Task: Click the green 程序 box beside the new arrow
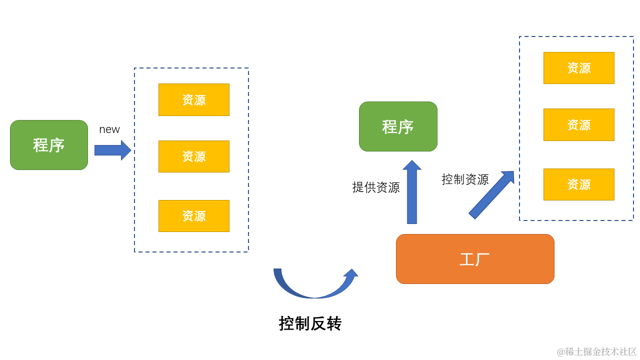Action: (x=49, y=145)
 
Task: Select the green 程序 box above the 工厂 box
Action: (x=398, y=126)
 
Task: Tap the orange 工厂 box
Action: (x=475, y=259)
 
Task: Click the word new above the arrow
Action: (x=109, y=129)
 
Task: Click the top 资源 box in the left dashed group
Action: (x=194, y=99)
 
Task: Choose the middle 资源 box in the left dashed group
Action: (x=194, y=156)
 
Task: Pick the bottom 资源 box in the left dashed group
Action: (x=194, y=216)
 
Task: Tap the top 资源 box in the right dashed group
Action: (x=579, y=68)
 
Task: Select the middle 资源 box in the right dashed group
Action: (x=579, y=124)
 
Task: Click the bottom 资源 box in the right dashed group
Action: (x=579, y=184)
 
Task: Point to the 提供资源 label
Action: (x=376, y=187)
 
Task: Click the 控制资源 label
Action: (x=465, y=179)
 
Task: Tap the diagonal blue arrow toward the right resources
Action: (x=490, y=195)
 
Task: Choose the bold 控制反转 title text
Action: (x=310, y=323)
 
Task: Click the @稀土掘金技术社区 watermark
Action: (x=596, y=351)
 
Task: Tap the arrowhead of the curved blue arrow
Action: (x=351, y=273)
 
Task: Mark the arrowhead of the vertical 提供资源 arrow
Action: (x=412, y=165)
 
